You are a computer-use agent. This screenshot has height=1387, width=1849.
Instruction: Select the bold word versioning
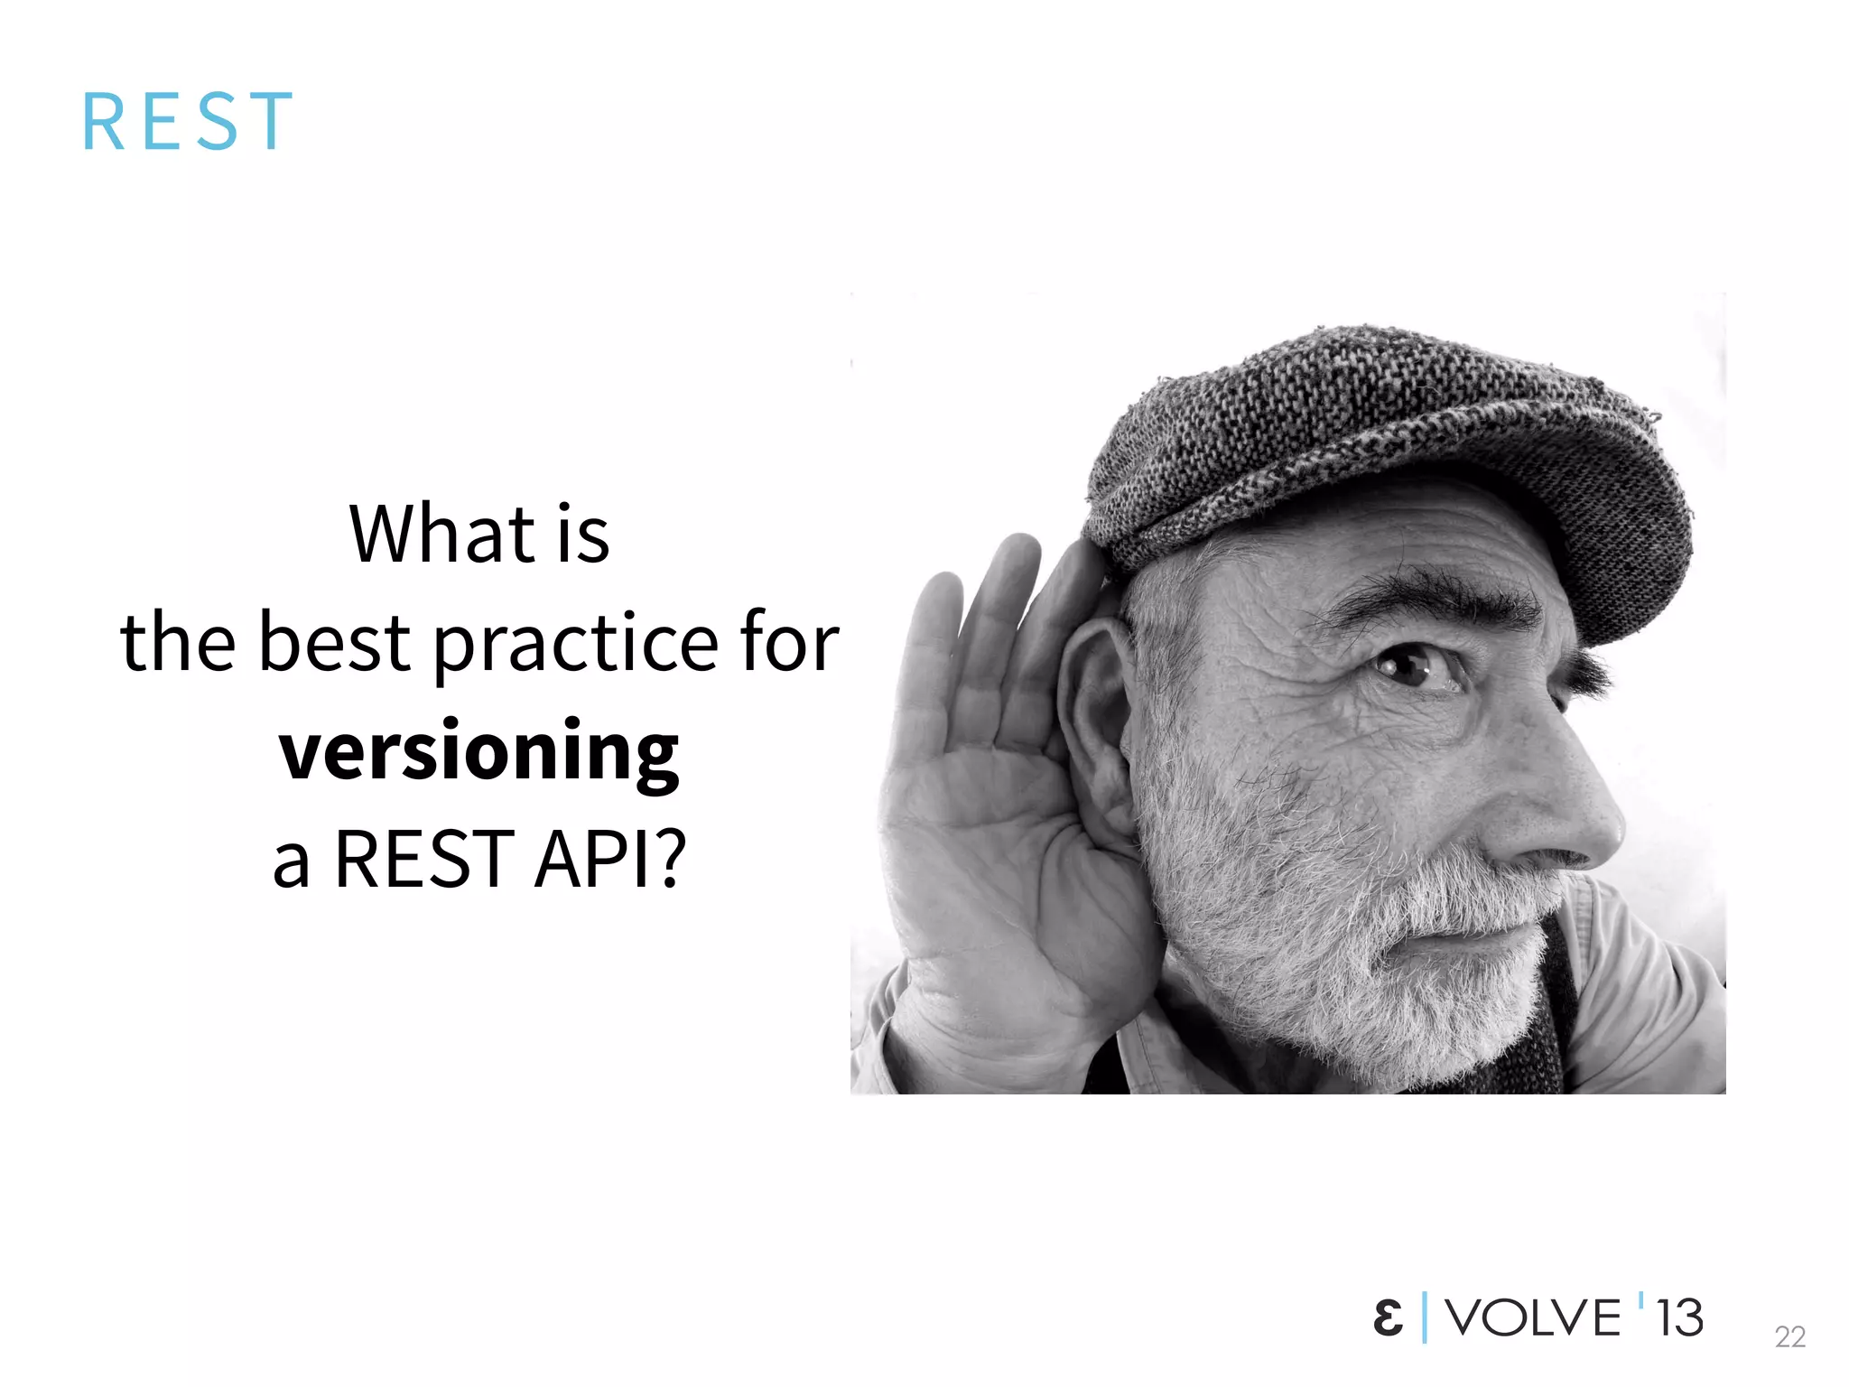coord(479,752)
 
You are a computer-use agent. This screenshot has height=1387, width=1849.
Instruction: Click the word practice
coord(576,644)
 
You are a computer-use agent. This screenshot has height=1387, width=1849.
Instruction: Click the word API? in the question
coord(610,859)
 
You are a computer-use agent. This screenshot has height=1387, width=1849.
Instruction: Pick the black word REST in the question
coord(423,859)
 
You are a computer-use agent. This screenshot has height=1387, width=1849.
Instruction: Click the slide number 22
coord(1789,1336)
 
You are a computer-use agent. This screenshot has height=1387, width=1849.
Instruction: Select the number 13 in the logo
coord(1679,1317)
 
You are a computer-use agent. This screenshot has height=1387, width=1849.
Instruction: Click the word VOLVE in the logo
coord(1533,1317)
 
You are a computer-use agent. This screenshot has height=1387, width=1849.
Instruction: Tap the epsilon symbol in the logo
coord(1388,1317)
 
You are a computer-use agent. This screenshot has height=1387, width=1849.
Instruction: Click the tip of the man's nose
coord(1603,826)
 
